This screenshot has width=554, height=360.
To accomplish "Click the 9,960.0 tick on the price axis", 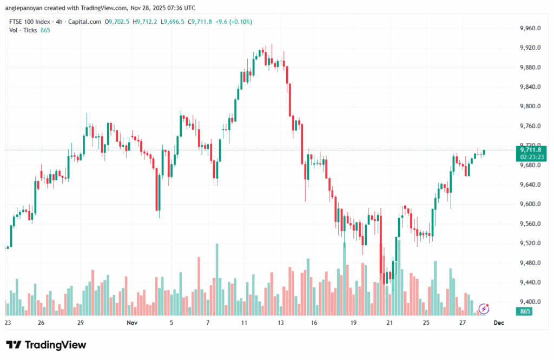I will [530, 28].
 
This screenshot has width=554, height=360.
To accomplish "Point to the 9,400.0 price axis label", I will [530, 302].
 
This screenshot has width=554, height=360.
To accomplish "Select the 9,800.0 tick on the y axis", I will [530, 107].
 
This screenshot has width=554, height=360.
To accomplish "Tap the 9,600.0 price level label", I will [530, 204].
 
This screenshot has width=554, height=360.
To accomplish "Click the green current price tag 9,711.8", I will [531, 150].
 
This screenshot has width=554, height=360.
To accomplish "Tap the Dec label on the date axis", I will [498, 323].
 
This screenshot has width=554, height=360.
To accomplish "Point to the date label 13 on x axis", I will [281, 323].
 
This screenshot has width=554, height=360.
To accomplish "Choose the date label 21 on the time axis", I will [390, 323].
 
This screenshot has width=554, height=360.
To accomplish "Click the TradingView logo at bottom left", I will [46, 345].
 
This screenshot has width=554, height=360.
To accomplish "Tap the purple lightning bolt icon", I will [484, 309].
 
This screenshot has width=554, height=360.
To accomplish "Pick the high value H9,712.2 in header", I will [146, 22].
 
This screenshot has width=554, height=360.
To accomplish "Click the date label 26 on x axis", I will [41, 323].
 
